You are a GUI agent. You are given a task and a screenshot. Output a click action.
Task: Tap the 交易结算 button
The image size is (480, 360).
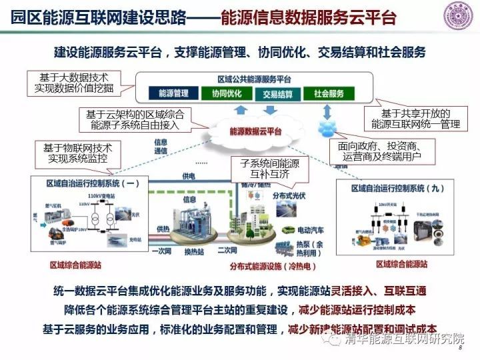point(278,94)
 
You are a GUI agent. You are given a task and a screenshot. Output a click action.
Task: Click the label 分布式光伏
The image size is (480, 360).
point(289,195)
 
